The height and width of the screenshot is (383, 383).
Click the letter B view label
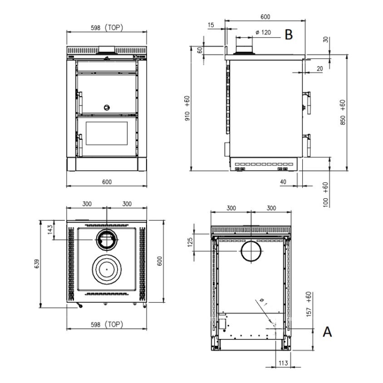[x=289, y=34]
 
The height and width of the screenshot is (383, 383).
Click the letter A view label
[x=327, y=332]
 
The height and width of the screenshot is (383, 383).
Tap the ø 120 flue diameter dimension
[x=263, y=32]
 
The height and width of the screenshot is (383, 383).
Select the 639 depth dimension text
[x=37, y=264]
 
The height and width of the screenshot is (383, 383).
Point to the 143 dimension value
[x=50, y=230]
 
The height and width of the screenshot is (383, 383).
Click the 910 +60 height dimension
[x=187, y=108]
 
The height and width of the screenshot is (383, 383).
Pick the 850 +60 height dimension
[x=343, y=113]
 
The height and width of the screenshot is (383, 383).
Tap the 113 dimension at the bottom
[x=283, y=363]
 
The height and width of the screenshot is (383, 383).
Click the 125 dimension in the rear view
[x=190, y=242]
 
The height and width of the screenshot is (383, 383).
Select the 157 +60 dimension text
[x=309, y=304]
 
